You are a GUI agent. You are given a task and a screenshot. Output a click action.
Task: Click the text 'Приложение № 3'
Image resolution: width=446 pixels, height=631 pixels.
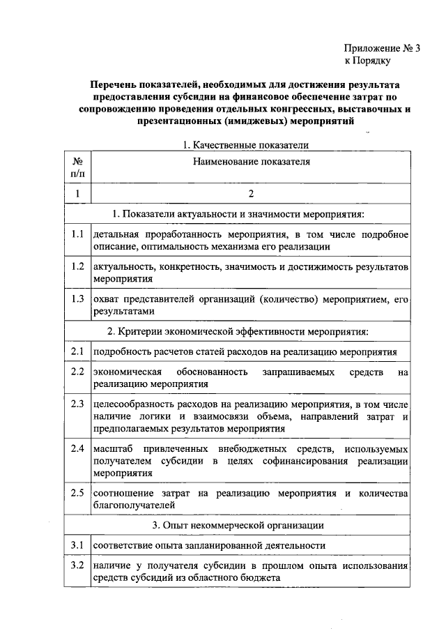pyautogui.click(x=383, y=49)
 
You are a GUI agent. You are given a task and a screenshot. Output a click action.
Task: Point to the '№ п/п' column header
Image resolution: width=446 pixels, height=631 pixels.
pyautogui.click(x=77, y=167)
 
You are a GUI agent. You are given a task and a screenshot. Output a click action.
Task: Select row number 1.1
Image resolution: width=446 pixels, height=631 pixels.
pyautogui.click(x=77, y=234)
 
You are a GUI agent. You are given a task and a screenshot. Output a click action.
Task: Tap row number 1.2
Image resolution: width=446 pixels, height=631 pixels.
pyautogui.click(x=77, y=266)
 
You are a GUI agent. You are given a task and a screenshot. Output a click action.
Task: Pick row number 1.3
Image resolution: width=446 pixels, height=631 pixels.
pyautogui.click(x=77, y=299)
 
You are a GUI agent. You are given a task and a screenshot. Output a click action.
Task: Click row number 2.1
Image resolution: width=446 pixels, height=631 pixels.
pyautogui.click(x=77, y=351)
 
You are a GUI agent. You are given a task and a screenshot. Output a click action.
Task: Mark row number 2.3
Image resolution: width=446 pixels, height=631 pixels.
pyautogui.click(x=77, y=404)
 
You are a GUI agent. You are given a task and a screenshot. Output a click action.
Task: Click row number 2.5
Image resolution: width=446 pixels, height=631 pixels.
pyautogui.click(x=77, y=492)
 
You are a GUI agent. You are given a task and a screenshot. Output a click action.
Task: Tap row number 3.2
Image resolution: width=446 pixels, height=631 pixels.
pyautogui.click(x=77, y=564)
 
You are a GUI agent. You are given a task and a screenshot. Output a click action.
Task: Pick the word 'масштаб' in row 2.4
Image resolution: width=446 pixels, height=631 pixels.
pyautogui.click(x=112, y=448)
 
